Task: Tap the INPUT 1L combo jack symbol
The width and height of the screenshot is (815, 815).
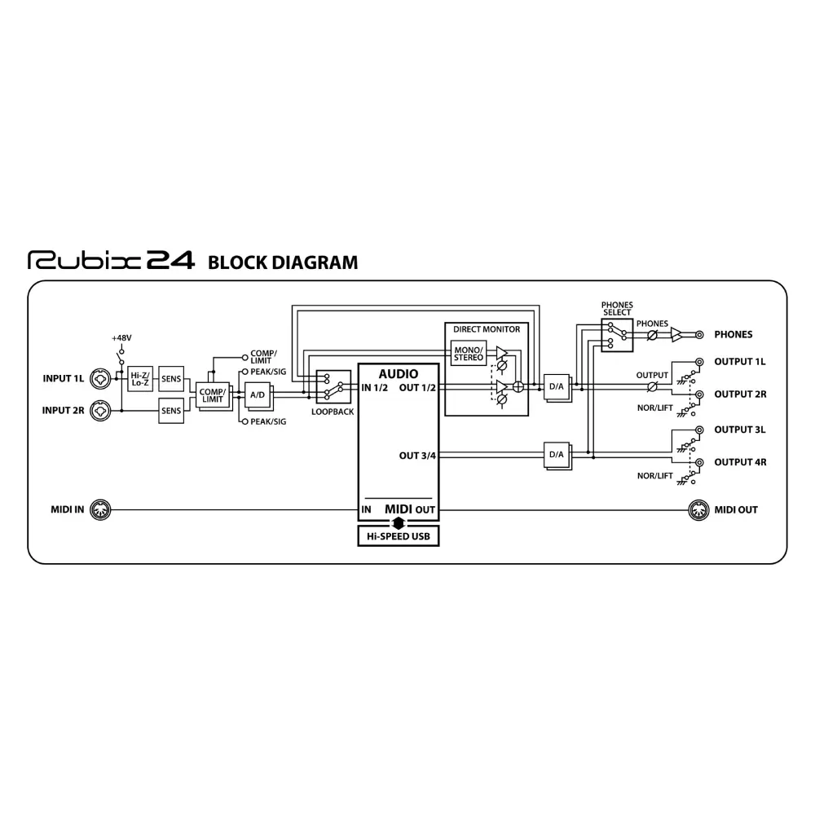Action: coord(103,378)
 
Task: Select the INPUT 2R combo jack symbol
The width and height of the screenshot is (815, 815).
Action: coord(103,411)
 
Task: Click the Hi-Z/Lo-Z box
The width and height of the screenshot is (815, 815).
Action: coord(140,378)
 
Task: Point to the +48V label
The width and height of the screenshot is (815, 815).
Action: coord(121,337)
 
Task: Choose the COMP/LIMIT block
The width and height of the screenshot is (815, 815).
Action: coord(211,394)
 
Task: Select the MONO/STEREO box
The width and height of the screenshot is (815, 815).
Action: coord(469,353)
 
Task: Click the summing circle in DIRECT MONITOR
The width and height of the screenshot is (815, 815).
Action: coord(517,387)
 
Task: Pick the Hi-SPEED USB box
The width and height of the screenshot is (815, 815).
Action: coord(399,536)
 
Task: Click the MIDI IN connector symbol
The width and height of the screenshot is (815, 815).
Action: coord(99,509)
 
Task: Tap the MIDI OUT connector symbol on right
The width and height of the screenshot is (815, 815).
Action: coord(698,509)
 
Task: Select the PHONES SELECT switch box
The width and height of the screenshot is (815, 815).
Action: coord(616,334)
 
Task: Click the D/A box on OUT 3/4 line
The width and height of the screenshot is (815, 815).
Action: coord(557,455)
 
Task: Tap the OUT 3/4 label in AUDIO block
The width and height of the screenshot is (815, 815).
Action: coord(417,455)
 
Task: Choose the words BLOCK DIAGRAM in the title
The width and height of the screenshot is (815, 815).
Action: coord(283,262)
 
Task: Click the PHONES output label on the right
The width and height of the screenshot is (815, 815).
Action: coord(733,334)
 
